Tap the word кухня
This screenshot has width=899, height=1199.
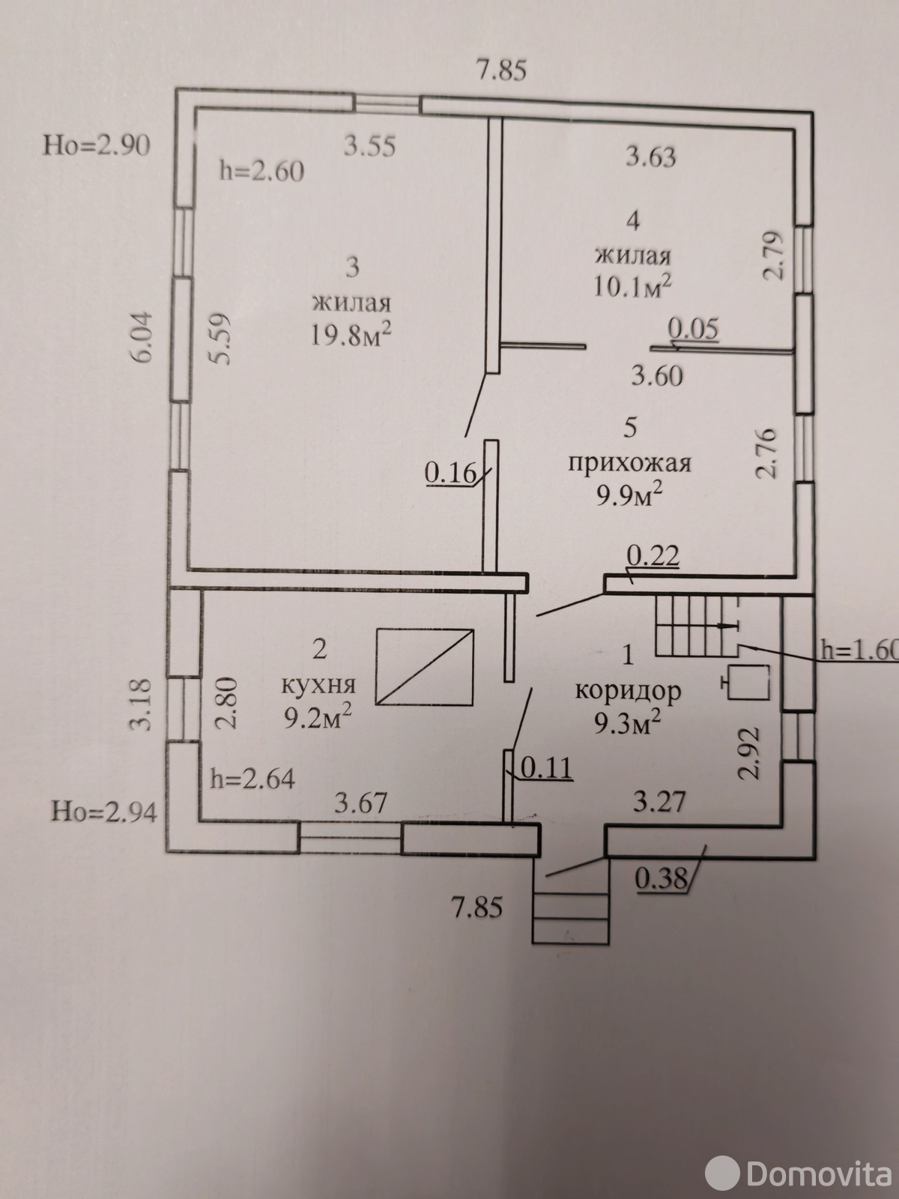click(x=318, y=684)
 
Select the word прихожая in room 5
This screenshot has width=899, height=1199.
click(x=629, y=463)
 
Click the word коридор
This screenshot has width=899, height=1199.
click(x=628, y=690)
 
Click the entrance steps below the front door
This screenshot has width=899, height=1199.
click(x=570, y=908)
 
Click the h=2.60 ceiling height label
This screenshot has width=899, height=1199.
click(x=261, y=171)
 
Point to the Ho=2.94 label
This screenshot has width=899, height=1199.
click(x=104, y=811)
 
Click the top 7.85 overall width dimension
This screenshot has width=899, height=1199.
click(x=502, y=70)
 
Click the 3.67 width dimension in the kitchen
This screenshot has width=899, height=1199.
click(x=361, y=803)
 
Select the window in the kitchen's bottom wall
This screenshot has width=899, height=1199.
click(x=351, y=839)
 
